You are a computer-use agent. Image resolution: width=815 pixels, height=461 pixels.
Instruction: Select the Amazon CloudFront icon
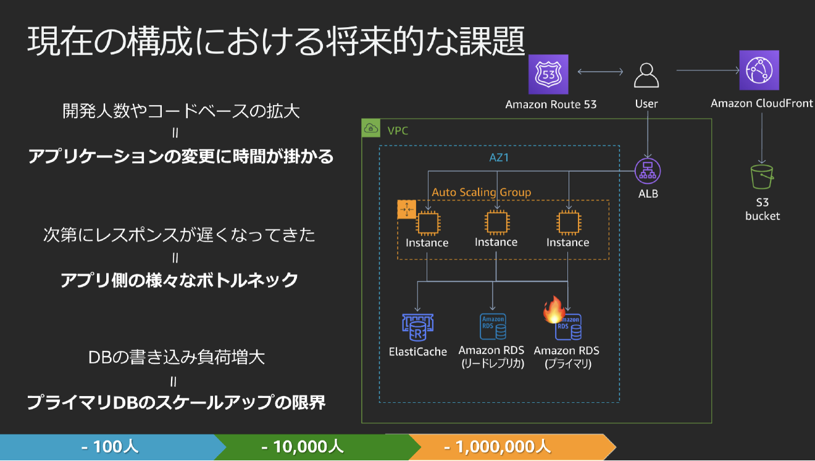(759, 70)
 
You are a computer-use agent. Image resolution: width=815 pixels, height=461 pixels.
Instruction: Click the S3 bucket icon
(763, 177)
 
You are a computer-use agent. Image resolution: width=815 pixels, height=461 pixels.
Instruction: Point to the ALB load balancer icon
(648, 171)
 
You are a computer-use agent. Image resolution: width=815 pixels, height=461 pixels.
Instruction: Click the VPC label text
(398, 130)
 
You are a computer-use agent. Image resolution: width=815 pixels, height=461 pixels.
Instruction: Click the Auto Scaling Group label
(481, 192)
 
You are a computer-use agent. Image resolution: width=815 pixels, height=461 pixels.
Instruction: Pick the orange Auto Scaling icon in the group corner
(407, 209)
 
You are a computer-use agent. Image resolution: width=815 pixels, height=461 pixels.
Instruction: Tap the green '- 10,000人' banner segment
(303, 446)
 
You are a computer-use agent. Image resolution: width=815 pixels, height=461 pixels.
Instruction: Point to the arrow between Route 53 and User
(600, 73)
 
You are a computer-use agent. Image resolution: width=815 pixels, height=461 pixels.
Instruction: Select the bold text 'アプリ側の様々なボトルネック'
(179, 281)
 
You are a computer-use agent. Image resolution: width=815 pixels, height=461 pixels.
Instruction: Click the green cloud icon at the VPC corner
(372, 129)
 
